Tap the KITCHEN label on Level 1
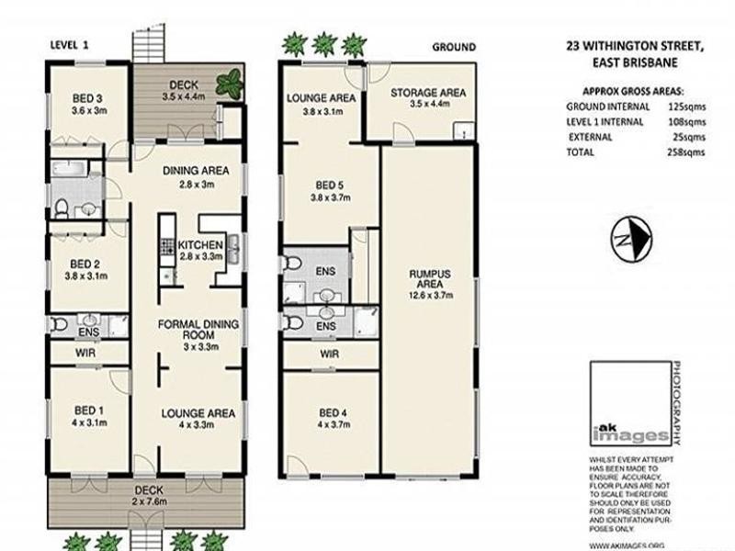coord(200,244)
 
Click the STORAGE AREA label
coord(427,93)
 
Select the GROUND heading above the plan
coord(453,47)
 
